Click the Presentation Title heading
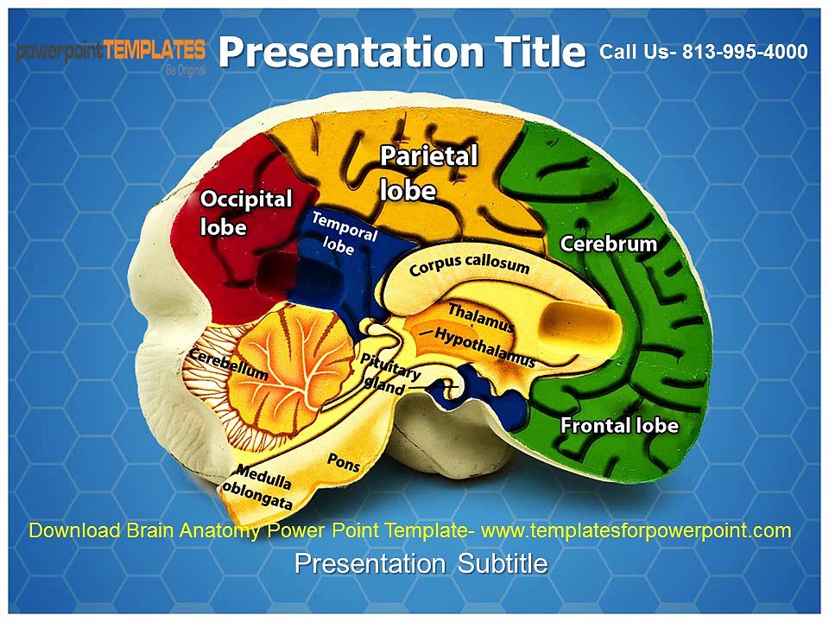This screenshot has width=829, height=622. (402, 52)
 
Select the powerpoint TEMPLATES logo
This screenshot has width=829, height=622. (111, 50)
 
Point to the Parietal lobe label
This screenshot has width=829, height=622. (428, 173)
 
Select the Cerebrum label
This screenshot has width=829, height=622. (609, 244)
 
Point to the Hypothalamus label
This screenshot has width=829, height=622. (484, 346)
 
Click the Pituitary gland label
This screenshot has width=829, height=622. (390, 374)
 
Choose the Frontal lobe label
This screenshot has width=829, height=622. (619, 426)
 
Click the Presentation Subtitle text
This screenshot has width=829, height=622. (421, 564)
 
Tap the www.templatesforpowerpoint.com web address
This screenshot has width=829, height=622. (636, 530)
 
